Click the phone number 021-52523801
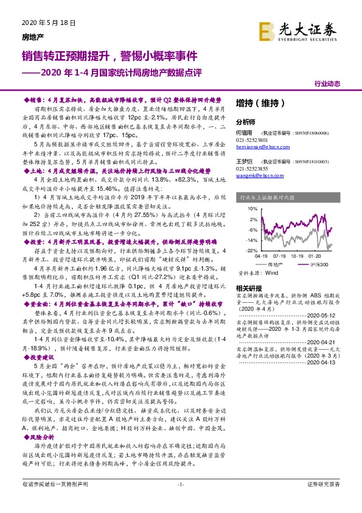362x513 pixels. [x=251, y=139]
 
